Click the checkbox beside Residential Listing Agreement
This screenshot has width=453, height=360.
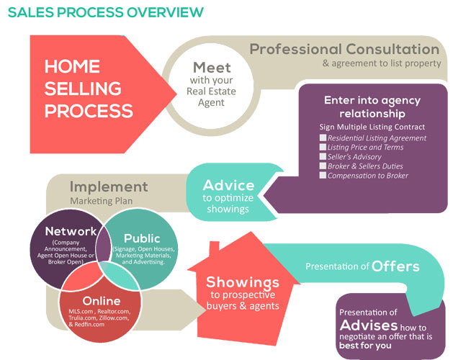click(x=323, y=138)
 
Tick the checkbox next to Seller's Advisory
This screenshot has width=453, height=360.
click(x=323, y=156)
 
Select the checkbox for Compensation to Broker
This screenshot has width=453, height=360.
click(x=323, y=174)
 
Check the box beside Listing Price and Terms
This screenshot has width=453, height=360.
click(x=323, y=148)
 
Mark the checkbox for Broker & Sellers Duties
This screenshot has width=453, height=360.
click(x=323, y=166)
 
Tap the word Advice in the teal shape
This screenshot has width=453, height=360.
click(x=228, y=186)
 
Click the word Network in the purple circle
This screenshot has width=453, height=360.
click(x=70, y=231)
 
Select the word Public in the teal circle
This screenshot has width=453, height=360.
click(x=141, y=238)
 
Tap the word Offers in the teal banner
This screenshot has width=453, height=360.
click(x=395, y=266)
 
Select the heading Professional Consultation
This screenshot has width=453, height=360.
click(x=344, y=50)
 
